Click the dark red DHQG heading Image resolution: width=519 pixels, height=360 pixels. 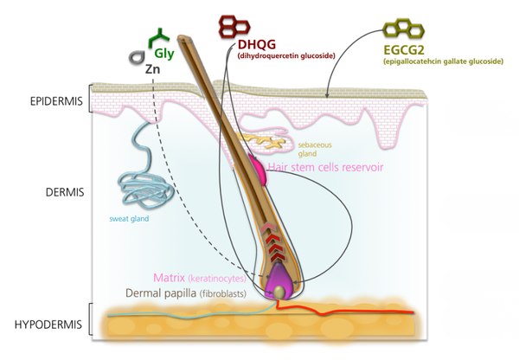click(259, 45)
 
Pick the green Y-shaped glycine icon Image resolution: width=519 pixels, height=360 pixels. click(158, 36)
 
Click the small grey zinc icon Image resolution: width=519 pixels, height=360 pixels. click(136, 57)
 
